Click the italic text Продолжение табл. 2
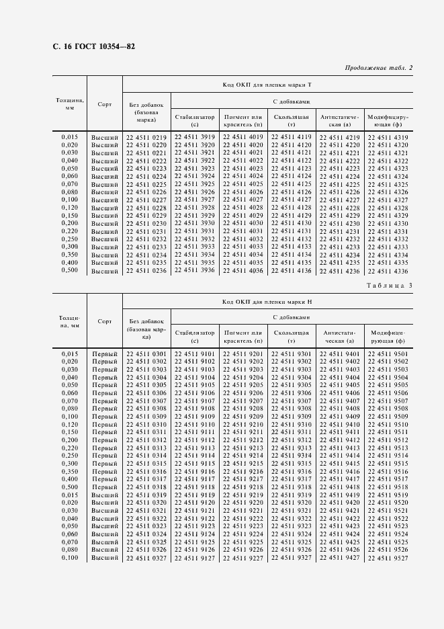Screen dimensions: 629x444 [378, 68]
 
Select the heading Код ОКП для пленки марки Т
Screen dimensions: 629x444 [267, 85]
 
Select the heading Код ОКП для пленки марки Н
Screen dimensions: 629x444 [267, 302]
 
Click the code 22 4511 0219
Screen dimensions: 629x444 [146, 137]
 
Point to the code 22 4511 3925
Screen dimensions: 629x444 [195, 184]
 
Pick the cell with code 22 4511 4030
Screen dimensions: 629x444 [243, 223]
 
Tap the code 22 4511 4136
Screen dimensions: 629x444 [292, 270]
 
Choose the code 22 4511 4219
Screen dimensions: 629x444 [340, 137]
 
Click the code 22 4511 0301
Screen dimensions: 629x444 [146, 354]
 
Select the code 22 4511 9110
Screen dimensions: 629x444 [195, 425]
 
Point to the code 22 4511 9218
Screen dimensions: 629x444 [243, 487]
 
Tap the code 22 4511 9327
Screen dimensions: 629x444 [292, 558]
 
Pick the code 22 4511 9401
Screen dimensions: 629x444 [340, 354]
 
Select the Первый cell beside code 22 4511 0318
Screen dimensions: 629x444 [105, 487]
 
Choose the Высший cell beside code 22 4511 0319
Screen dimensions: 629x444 [105, 495]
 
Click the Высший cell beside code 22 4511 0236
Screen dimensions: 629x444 [105, 271]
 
